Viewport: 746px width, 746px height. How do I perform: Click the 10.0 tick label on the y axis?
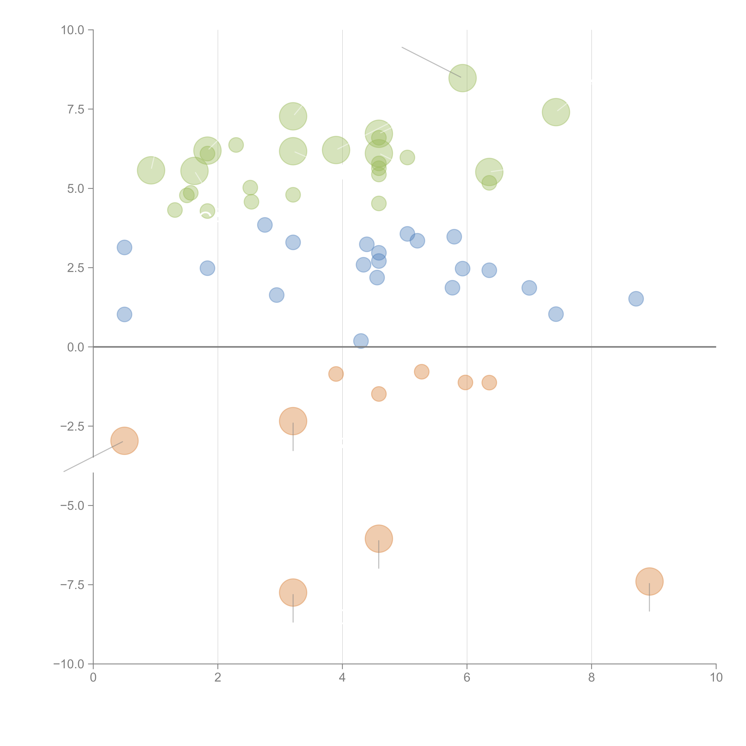tap(73, 30)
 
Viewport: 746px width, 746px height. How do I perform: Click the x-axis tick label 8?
tap(592, 678)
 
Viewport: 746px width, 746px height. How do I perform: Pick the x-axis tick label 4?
tap(343, 678)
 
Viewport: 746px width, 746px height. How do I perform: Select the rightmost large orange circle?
tap(649, 582)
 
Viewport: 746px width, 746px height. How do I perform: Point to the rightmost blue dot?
tap(636, 299)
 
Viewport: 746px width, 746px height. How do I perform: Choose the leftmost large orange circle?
tap(124, 441)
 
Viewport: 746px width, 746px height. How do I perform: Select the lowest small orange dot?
tap(379, 394)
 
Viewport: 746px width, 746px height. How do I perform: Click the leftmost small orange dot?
tap(336, 374)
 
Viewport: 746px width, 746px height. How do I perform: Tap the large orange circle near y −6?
tap(379, 539)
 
